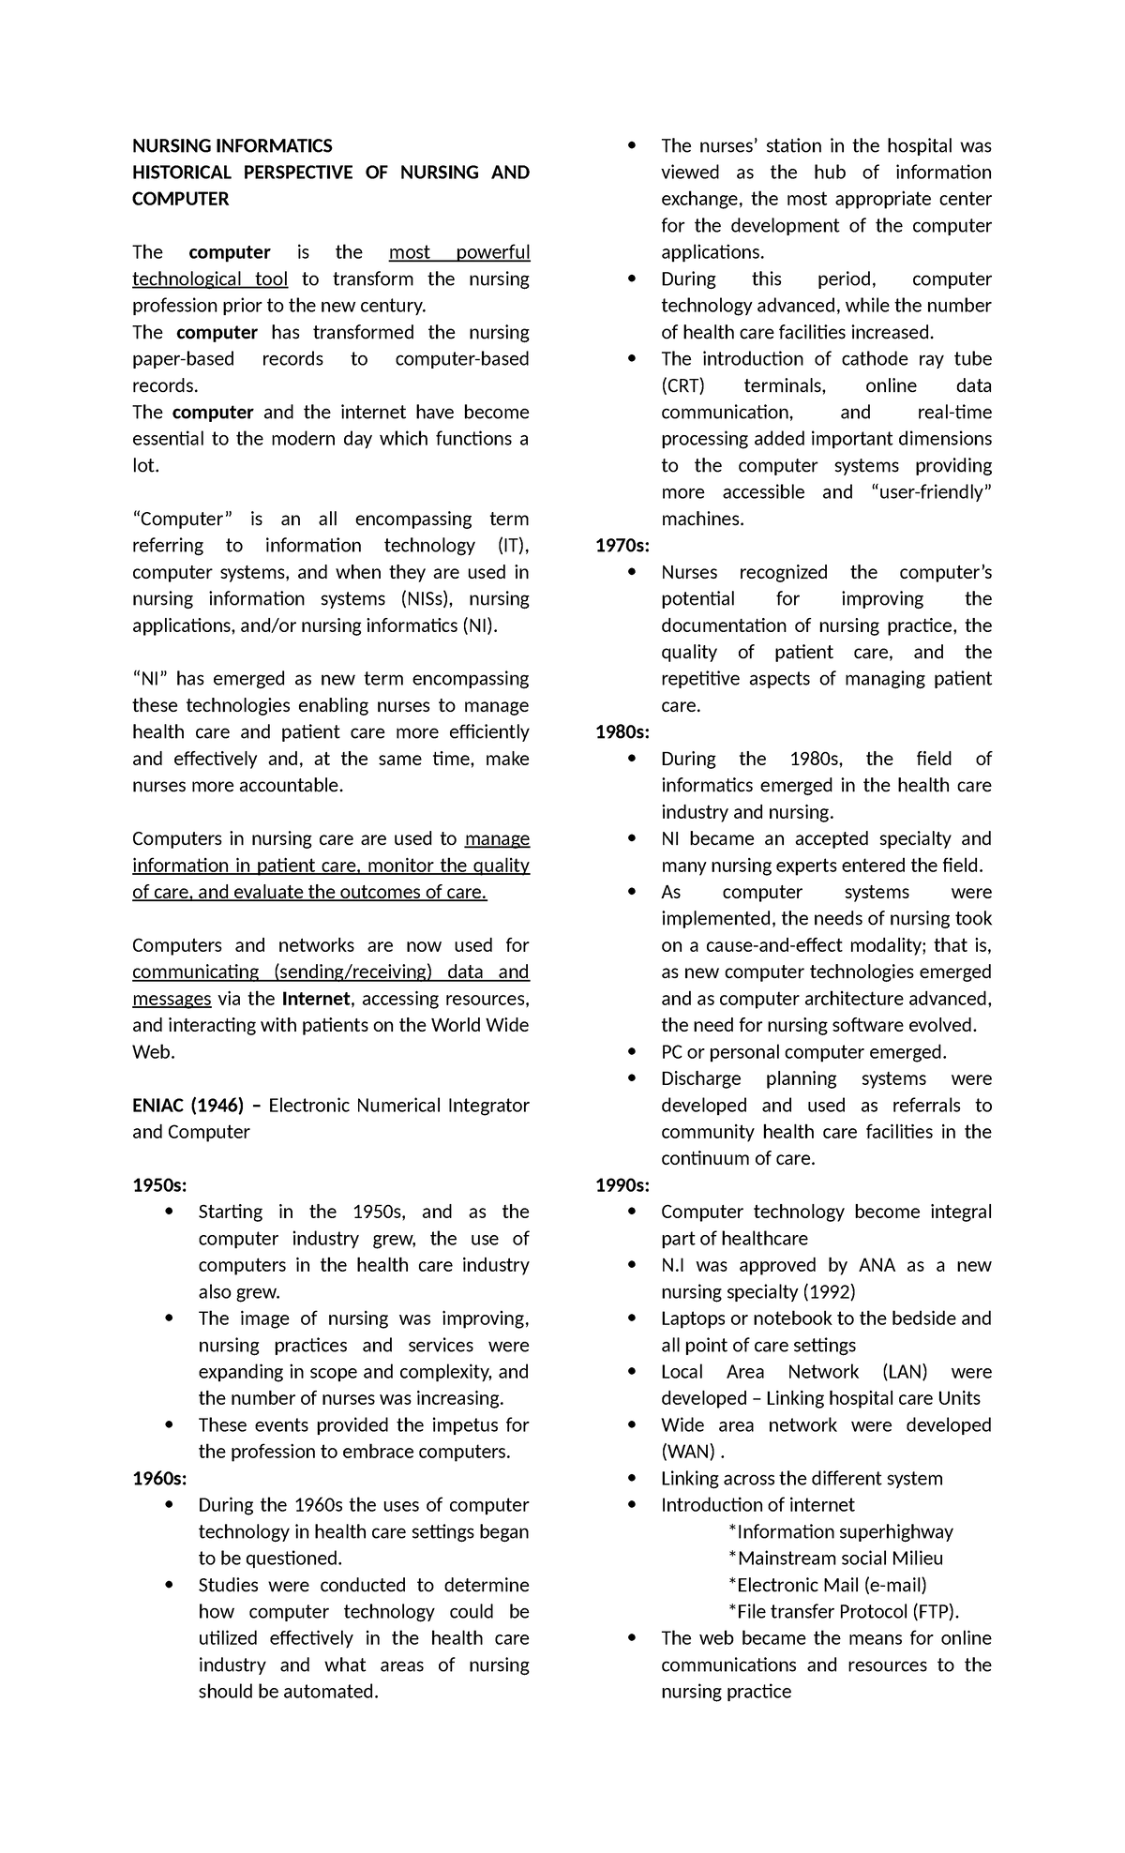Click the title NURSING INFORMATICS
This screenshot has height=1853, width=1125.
coord(232,145)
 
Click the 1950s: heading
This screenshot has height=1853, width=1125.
coord(159,1185)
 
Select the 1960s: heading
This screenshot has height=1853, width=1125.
coord(159,1478)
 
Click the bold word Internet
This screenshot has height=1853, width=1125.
coord(316,999)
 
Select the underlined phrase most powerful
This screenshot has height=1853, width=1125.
coord(459,252)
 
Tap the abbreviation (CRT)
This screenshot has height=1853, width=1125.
coord(682,385)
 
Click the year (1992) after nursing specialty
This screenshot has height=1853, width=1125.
coord(821,1292)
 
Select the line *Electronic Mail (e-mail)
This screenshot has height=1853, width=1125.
coord(827,1585)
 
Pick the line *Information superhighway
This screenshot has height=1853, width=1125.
coord(840,1531)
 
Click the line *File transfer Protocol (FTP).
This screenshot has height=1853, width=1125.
coord(844,1611)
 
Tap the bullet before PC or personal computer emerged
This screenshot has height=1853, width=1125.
coord(634,1052)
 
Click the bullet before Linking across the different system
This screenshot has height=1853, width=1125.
coord(634,1479)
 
